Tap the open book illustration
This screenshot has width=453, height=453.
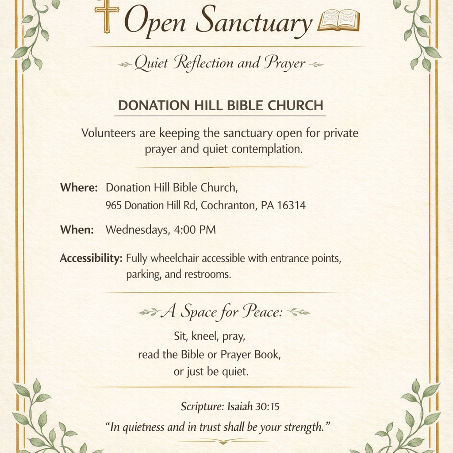(x=338, y=20)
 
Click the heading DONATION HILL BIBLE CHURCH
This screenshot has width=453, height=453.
(x=221, y=106)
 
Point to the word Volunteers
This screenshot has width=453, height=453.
(x=109, y=133)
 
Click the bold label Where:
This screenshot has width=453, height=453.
(x=79, y=188)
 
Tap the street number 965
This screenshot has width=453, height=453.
(x=114, y=206)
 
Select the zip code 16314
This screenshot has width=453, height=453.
(x=291, y=206)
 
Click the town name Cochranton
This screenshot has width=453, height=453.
(x=227, y=206)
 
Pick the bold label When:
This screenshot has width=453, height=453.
(x=77, y=230)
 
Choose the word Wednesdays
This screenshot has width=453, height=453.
(x=136, y=230)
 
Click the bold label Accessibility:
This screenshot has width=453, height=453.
(x=91, y=258)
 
